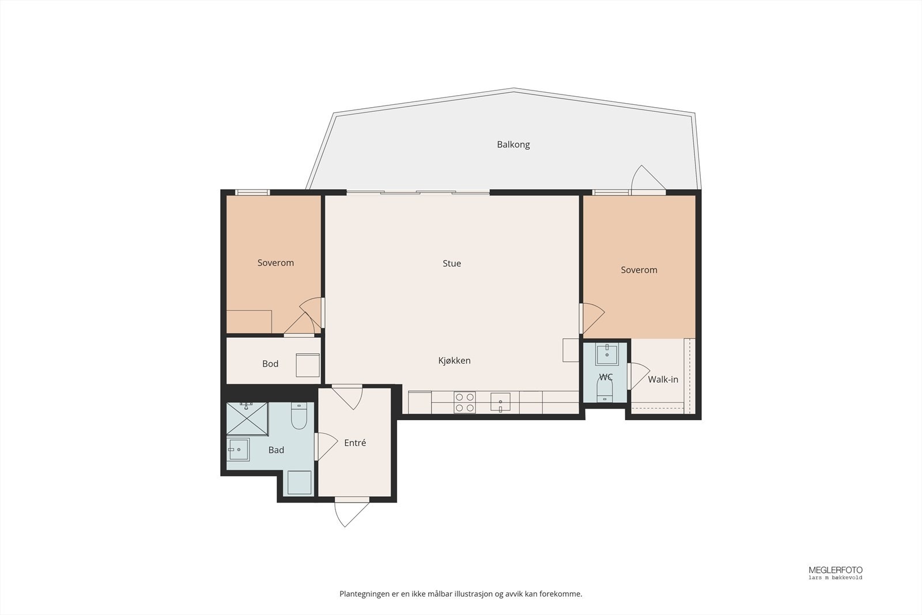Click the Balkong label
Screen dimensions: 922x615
(513, 145)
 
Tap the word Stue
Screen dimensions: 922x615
(452, 263)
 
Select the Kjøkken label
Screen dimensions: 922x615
(455, 361)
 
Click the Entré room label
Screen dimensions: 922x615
(355, 443)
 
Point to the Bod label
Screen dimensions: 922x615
(270, 364)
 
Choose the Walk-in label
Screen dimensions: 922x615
(663, 379)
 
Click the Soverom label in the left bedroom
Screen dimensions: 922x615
(276, 263)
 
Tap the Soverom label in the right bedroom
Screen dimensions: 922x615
(639, 270)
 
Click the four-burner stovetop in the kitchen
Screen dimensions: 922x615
(464, 402)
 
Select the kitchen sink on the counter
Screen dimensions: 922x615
(500, 402)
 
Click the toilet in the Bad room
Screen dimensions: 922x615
(299, 416)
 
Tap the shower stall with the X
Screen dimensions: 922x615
(247, 418)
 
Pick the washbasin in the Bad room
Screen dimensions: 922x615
(239, 449)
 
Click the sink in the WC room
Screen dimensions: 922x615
(607, 355)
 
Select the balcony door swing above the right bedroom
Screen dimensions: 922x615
(648, 178)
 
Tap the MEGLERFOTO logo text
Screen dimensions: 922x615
(836, 570)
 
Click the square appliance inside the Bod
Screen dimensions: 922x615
(308, 365)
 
